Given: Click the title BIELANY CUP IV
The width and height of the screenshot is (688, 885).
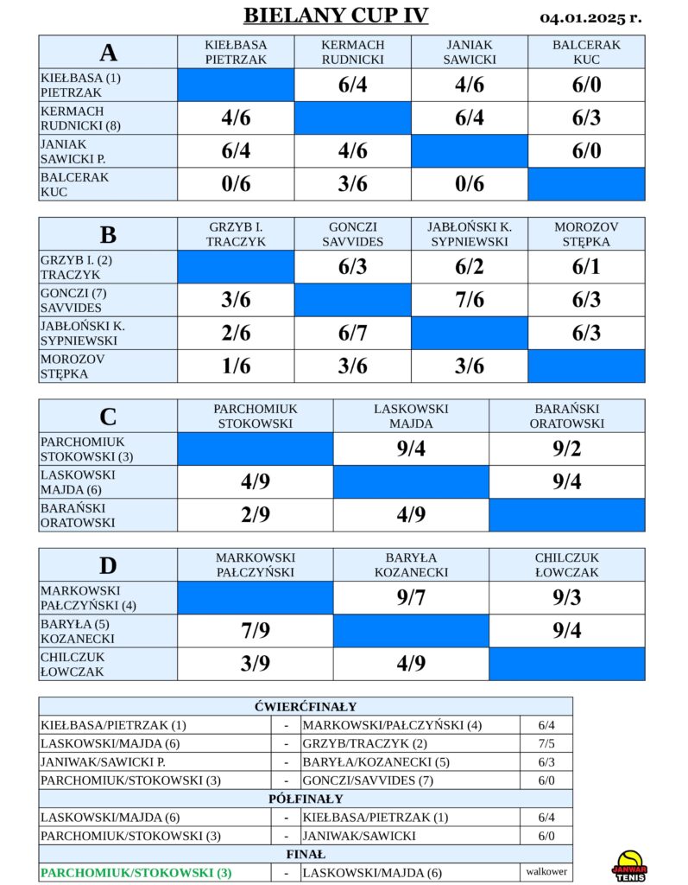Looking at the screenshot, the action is click(336, 16).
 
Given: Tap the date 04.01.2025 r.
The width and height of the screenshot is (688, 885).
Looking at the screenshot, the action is click(590, 18).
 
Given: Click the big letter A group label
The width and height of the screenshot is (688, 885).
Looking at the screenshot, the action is click(108, 53).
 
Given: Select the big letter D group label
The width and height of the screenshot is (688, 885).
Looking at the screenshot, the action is click(108, 565).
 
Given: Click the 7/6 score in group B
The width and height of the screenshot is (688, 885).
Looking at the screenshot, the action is click(470, 300).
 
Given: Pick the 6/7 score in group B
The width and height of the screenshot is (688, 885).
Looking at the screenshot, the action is click(352, 333).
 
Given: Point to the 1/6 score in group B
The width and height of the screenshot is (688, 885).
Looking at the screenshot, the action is click(236, 366).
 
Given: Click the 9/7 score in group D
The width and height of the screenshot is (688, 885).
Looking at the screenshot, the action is click(411, 598).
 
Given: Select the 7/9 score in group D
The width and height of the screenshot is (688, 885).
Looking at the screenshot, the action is click(256, 630).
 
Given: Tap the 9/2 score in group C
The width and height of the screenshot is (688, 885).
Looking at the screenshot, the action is click(567, 449).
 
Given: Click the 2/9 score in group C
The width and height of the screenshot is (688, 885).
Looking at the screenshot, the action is click(256, 515).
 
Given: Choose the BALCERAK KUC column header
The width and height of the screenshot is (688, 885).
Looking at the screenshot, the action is click(586, 52).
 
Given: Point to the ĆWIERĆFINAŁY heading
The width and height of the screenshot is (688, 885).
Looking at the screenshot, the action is click(306, 707).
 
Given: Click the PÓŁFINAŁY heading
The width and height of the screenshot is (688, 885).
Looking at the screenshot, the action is click(306, 799).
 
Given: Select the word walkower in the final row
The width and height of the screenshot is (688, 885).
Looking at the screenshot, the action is click(546, 871).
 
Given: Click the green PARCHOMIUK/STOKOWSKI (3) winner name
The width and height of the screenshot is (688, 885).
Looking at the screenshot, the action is click(136, 873).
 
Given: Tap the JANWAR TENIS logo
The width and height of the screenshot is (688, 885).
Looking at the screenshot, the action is click(629, 866).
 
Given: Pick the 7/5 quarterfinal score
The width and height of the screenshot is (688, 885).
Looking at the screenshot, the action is click(546, 744).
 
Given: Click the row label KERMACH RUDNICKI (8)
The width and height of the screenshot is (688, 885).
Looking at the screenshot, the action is click(80, 118).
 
